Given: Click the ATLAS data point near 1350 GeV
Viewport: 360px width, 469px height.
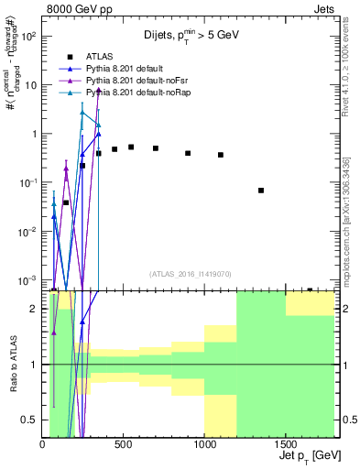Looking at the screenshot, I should coord(261,191).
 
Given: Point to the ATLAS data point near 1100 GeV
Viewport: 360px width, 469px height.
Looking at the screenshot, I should coord(221,155).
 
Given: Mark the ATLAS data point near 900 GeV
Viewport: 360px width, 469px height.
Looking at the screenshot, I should coord(188,153).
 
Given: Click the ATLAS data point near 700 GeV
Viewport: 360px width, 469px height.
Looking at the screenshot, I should coord(156,148).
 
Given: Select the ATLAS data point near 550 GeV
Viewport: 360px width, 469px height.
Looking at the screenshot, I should coord(131,147).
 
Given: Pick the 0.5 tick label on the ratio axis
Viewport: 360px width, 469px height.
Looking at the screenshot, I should coord(31,420).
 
